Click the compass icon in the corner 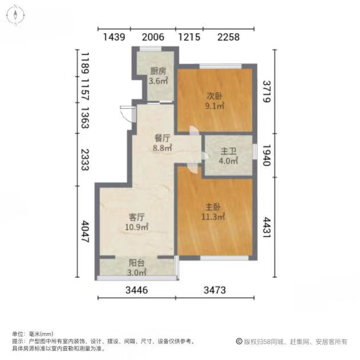coord(15,15)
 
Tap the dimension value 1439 coord(114,37)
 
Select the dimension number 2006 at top coord(153,37)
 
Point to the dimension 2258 coord(229,37)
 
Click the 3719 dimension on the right coord(267,91)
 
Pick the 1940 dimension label coord(267,155)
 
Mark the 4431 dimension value coord(267,227)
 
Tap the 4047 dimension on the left coord(85,231)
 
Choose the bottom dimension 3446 coord(137,290)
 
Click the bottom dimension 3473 coord(215,290)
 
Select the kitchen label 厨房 coord(158,71)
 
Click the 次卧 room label coord(214,96)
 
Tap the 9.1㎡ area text coord(214,106)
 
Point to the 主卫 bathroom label coord(228,151)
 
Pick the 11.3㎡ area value coord(213,217)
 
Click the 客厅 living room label coord(137,217)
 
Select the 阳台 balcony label coord(137,263)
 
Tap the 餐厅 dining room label coord(162,138)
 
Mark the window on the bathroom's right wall coord(255,151)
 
